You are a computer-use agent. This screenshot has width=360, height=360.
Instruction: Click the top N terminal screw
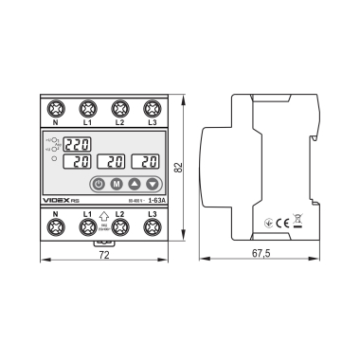56,108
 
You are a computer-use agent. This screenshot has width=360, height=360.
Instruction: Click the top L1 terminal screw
88,108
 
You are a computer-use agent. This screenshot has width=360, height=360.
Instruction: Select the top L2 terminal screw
120,108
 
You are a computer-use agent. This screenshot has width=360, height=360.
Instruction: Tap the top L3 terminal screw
152,108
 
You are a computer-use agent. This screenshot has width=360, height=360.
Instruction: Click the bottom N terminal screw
56,227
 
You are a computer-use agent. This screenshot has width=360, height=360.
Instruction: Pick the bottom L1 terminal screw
88,227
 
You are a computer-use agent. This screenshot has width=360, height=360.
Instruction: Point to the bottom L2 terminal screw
120,227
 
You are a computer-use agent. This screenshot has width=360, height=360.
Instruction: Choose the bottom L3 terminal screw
152,227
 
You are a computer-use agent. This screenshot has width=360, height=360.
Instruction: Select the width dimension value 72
103,256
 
